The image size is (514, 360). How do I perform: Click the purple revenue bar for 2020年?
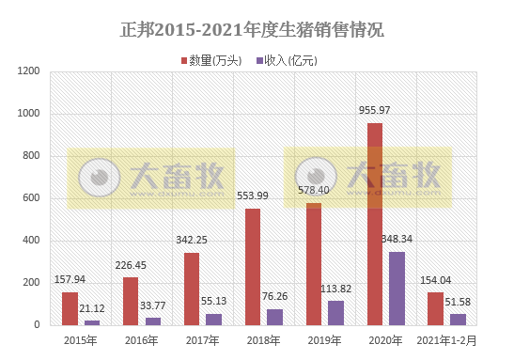tap(396, 288)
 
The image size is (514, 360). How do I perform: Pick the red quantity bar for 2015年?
tap(70, 308)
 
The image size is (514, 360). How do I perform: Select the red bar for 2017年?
tap(192, 289)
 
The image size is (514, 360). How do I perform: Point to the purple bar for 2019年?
tap(335, 313)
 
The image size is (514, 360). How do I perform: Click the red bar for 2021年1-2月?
tap(435, 308)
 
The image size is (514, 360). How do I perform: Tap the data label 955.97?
tap(375, 111)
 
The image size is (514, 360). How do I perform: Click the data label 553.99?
tap(252, 196)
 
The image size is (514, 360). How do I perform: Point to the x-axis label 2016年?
tap(141, 339)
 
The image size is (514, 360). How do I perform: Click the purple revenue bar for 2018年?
tap(274, 317)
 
